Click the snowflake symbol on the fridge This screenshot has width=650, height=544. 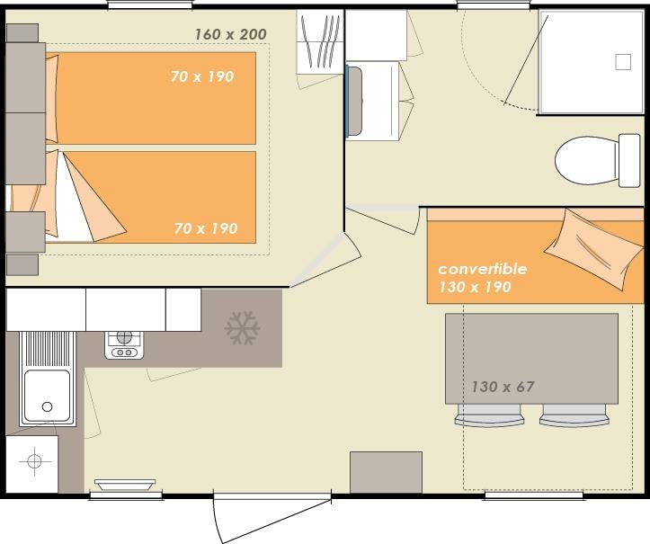click(242, 327)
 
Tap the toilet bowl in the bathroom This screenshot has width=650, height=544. click(586, 160)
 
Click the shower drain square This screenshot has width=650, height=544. click(623, 62)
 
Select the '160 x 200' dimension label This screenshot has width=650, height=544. click(230, 34)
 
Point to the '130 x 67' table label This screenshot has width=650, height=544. click(503, 387)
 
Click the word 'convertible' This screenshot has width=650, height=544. click(483, 269)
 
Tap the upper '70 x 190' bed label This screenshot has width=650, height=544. click(202, 76)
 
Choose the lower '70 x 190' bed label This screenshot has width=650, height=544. click(206, 228)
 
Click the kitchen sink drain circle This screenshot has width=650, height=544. click(48, 406)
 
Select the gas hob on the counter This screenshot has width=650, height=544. click(124, 345)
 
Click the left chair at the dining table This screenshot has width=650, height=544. click(489, 415)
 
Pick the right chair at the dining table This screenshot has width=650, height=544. click(574, 415)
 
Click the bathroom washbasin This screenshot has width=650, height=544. click(355, 102)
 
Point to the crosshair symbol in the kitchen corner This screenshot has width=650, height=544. click(35, 461)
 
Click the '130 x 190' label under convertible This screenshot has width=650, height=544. click(475, 287)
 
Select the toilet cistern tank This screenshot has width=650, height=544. click(629, 160)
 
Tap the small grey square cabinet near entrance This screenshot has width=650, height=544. click(386, 472)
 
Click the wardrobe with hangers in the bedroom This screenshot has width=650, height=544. click(320, 42)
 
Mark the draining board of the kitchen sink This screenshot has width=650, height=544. click(48, 349)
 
